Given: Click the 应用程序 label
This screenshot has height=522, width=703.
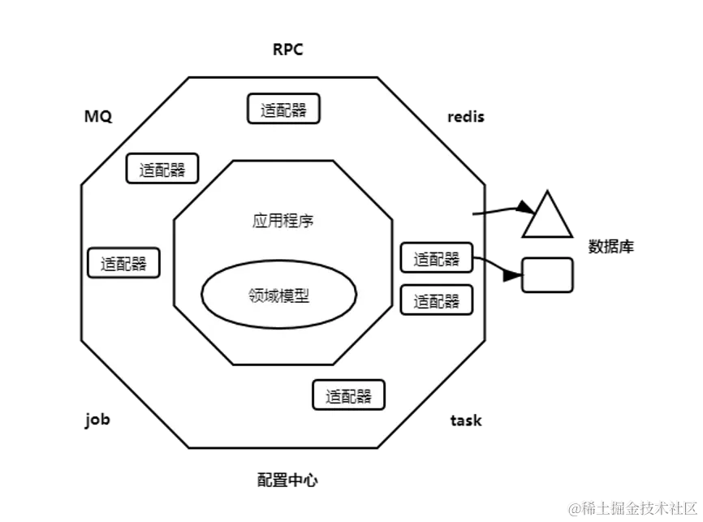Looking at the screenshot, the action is [283, 220].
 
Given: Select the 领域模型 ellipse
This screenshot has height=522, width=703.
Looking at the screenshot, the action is [278, 296].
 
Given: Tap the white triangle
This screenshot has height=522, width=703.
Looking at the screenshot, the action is [548, 218].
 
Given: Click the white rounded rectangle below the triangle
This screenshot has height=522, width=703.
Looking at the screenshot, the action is [548, 274].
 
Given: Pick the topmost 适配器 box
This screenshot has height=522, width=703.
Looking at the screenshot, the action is [283, 110].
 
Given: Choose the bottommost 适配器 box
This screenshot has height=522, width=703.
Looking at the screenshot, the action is [348, 395].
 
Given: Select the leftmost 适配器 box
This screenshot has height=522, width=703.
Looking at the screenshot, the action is [123, 263].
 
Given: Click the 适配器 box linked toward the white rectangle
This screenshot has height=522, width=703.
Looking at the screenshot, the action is [437, 258].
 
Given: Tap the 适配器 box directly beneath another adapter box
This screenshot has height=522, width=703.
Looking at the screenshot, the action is [437, 300].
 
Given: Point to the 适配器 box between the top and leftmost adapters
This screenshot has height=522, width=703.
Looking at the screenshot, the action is [162, 169].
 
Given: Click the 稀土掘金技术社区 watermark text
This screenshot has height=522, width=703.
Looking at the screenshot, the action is [641, 508].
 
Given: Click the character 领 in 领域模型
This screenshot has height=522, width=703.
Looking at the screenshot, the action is [255, 296].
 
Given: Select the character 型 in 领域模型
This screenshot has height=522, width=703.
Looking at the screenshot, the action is [302, 296].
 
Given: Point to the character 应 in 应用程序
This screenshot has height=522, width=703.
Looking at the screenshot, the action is [260, 220].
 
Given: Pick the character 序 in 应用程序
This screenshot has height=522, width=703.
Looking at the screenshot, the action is [307, 220].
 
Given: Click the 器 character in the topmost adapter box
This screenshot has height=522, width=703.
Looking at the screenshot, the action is [299, 110].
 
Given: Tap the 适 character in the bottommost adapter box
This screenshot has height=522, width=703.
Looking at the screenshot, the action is [333, 396].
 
